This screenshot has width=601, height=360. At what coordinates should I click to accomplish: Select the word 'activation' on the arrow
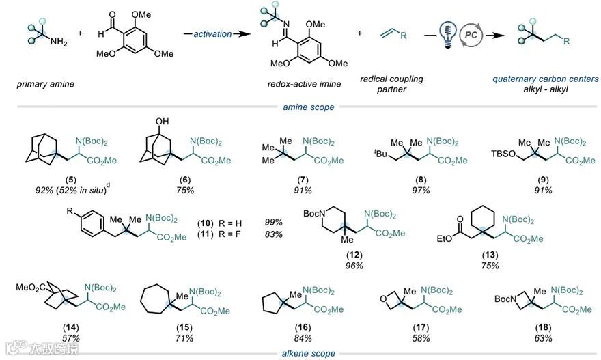pyautogui.click(x=211, y=32)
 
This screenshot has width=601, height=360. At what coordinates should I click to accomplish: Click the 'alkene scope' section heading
pyautogui.click(x=309, y=353)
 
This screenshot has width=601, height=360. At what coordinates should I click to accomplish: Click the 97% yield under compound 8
pyautogui.click(x=415, y=189)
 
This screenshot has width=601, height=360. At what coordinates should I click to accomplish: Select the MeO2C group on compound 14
pyautogui.click(x=32, y=286)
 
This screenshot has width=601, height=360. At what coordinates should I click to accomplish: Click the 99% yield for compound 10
pyautogui.click(x=274, y=222)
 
